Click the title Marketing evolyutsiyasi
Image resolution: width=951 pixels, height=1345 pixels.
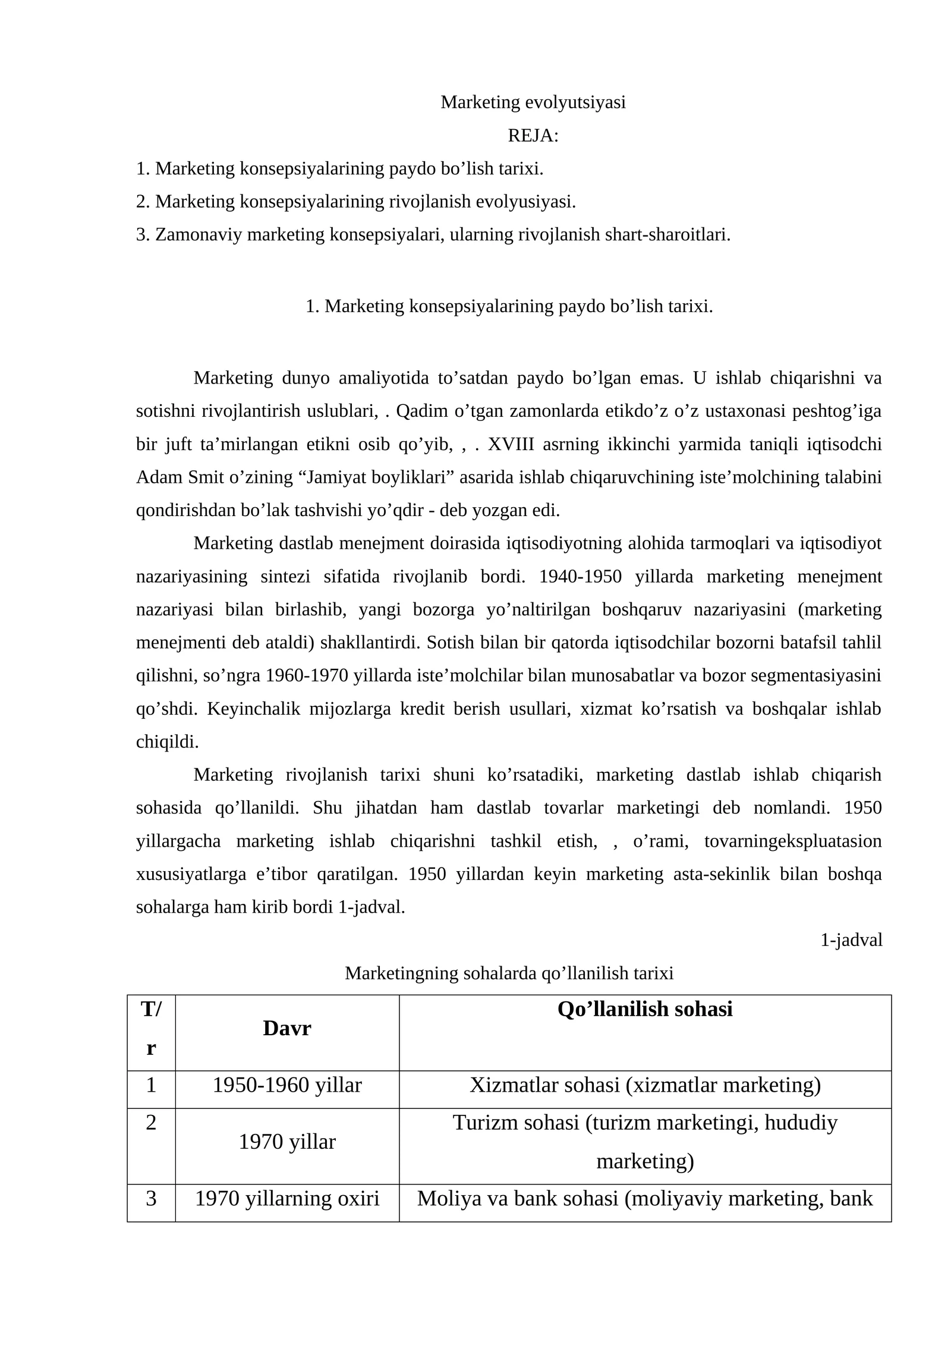click(x=533, y=102)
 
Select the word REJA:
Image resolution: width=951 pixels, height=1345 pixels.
click(x=533, y=136)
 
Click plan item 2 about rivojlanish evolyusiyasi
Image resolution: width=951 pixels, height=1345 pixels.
click(x=355, y=202)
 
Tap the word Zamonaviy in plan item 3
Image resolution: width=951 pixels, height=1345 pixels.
click(x=199, y=235)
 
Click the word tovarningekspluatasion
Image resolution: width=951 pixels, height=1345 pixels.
click(x=792, y=841)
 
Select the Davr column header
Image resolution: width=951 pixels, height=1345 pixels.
click(x=286, y=1028)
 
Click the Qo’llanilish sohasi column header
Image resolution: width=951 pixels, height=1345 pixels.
click(x=645, y=1009)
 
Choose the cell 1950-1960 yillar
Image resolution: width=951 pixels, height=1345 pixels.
click(x=286, y=1085)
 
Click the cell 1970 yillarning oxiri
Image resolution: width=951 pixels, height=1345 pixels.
click(x=286, y=1198)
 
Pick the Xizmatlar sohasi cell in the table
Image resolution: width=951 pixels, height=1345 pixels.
click(x=645, y=1085)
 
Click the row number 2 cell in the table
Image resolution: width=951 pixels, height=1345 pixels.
click(x=151, y=1123)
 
